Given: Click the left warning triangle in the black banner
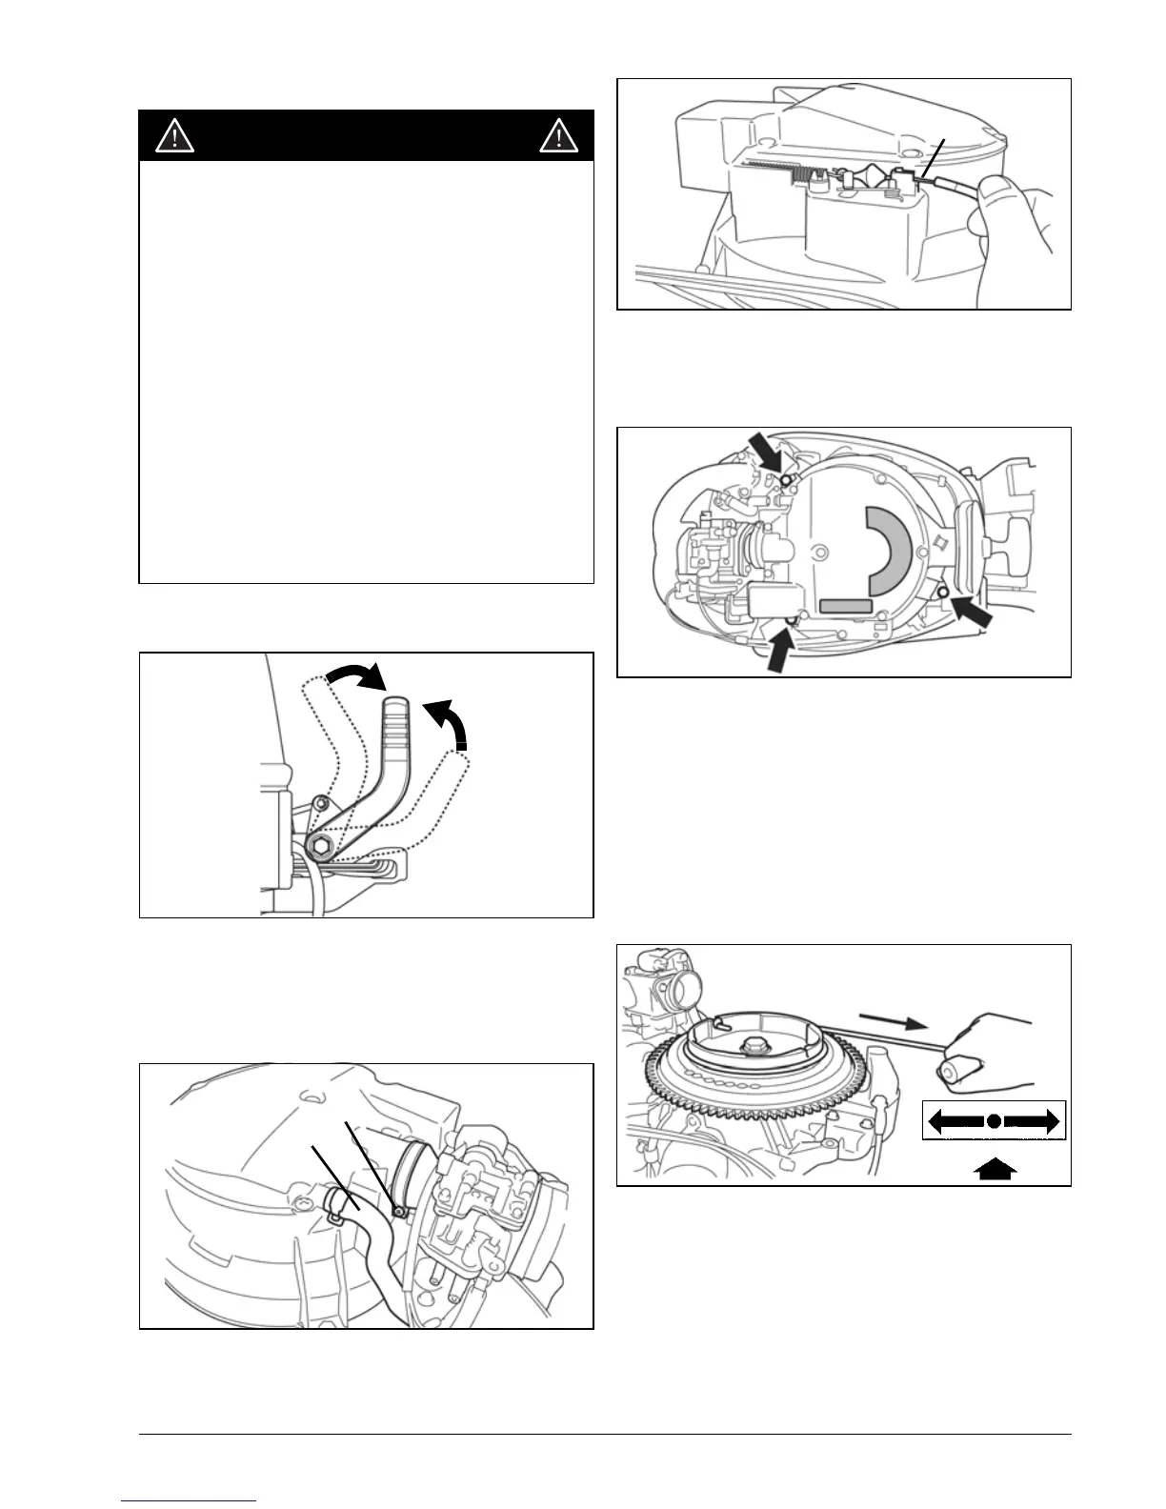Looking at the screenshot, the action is tap(175, 137).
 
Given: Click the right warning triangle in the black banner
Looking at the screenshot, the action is tap(557, 137).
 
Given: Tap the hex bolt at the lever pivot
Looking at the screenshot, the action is tap(320, 846).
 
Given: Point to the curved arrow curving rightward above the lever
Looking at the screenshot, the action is tap(355, 677).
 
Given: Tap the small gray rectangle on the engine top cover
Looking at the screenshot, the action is tap(846, 605).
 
